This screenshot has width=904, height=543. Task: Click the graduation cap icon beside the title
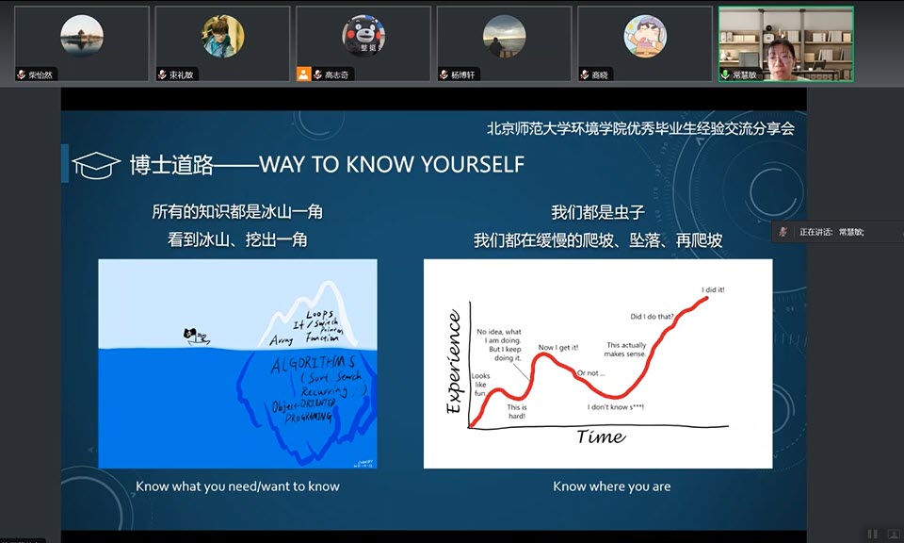(96, 164)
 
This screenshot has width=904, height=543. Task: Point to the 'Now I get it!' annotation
(559, 348)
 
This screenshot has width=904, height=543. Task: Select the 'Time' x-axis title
(600, 436)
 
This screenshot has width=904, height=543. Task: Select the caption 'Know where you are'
(611, 486)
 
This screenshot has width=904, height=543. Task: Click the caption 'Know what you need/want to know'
(237, 486)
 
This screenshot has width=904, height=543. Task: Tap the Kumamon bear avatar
(362, 35)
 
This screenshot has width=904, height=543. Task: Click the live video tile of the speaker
(785, 43)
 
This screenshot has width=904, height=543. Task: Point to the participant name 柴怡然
(41, 74)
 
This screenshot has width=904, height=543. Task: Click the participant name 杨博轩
(462, 74)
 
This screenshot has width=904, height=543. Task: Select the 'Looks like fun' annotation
(480, 385)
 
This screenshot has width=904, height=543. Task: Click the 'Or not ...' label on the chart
(590, 373)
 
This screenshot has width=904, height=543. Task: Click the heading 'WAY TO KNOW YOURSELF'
(392, 165)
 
